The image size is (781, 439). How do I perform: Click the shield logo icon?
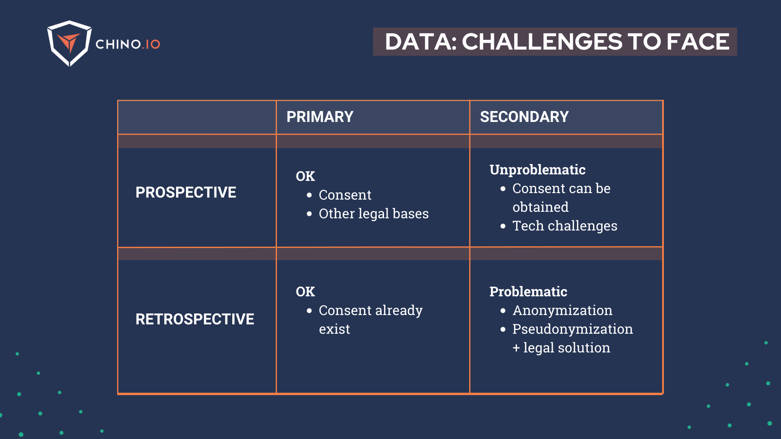click(69, 43)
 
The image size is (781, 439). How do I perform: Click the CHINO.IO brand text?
click(128, 44)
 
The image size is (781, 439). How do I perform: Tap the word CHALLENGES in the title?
click(542, 42)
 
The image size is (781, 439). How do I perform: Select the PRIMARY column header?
click(320, 117)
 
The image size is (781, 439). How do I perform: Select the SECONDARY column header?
click(524, 117)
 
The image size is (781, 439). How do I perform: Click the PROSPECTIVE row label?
click(185, 192)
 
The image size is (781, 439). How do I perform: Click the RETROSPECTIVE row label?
click(194, 319)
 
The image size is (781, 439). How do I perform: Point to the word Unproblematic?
click(537, 170)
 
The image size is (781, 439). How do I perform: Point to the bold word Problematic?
click(528, 291)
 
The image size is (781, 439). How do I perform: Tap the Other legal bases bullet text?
click(373, 214)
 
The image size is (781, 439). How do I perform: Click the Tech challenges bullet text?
click(565, 226)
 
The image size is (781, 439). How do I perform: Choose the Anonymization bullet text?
click(562, 311)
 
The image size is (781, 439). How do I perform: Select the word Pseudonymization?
click(572, 329)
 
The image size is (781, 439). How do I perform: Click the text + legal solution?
click(561, 348)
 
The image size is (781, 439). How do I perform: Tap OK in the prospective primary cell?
click(305, 176)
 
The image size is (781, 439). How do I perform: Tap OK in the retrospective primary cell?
click(305, 292)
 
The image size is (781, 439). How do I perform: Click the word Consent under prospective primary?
click(345, 195)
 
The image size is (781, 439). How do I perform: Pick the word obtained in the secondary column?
click(540, 207)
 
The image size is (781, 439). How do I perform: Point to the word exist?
click(334, 329)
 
